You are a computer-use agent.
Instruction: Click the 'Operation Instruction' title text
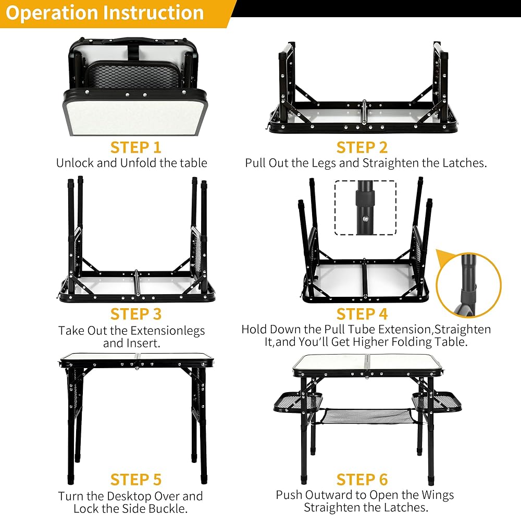[x=104, y=13]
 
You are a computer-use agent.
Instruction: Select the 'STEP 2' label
[x=362, y=147]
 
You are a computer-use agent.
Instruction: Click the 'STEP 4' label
[x=362, y=315]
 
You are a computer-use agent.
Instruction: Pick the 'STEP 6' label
[x=362, y=480]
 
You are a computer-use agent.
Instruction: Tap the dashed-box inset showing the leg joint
[x=365, y=207]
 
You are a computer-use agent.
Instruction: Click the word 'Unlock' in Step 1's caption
[x=75, y=163]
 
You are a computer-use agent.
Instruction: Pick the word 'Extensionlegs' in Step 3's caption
[x=168, y=331]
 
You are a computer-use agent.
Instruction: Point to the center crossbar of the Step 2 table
[x=364, y=112]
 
